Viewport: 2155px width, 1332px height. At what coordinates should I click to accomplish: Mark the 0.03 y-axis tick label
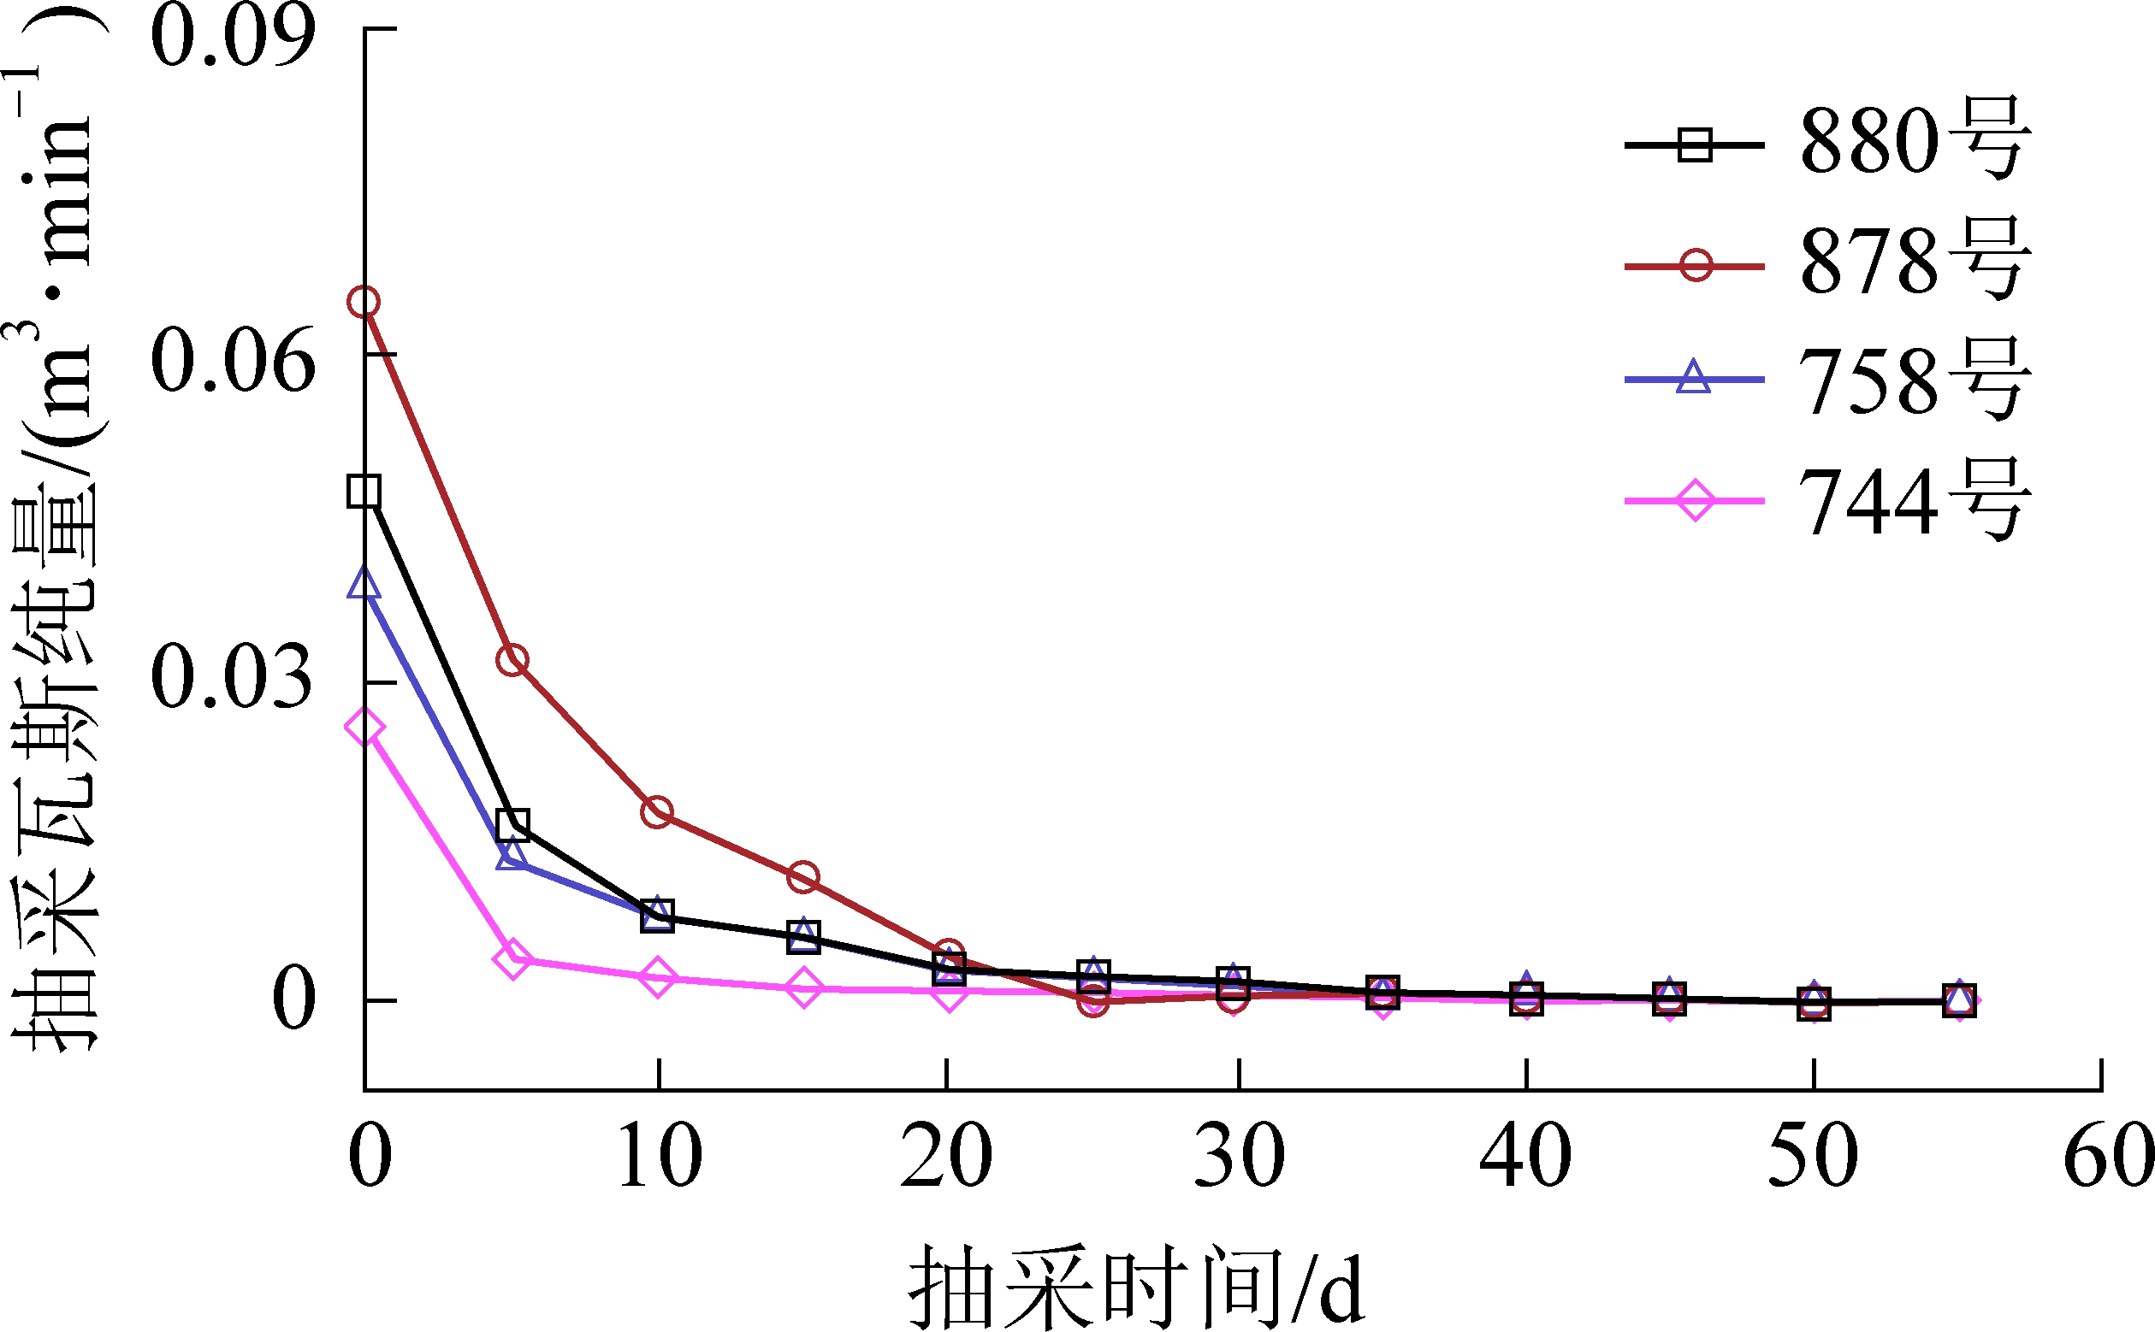233,677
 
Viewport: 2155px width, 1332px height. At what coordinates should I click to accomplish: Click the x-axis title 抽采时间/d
1137,1288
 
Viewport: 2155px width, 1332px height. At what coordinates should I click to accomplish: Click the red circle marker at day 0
364,302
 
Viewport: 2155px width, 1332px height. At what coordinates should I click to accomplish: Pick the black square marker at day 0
364,492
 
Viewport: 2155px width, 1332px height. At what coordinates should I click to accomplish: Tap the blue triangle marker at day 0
364,583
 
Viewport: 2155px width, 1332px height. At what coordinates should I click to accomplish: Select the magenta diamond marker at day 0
364,728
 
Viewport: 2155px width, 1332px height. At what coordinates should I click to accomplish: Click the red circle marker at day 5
512,660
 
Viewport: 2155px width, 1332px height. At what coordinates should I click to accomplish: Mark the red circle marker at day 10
657,811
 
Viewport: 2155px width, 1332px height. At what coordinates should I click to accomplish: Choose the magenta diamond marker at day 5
512,958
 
